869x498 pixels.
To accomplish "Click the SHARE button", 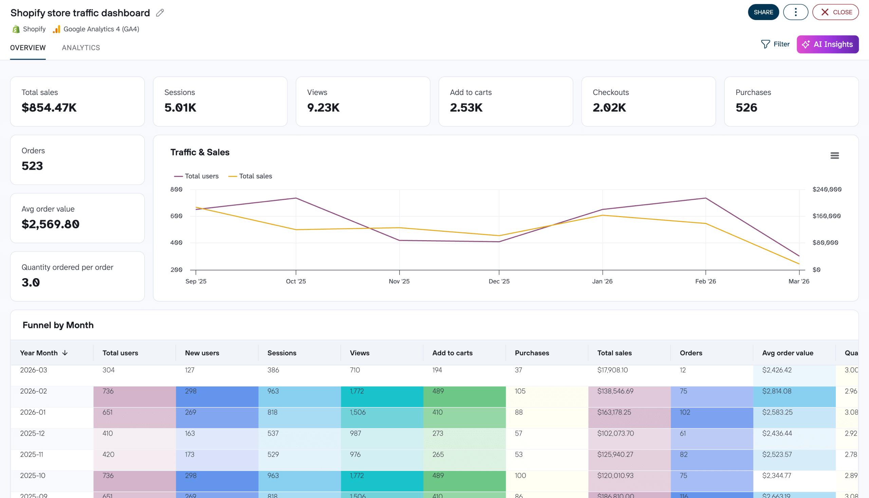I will pos(763,12).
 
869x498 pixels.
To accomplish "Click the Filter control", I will pos(775,44).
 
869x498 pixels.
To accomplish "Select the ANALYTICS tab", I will pos(81,48).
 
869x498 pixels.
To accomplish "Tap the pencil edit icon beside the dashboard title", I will pos(160,13).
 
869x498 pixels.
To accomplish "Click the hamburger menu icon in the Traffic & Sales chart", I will pos(834,156).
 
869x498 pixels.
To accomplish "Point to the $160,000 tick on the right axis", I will pos(826,216).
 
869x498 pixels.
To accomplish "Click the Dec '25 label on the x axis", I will pos(499,282).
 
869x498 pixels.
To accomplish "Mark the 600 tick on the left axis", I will pos(176,216).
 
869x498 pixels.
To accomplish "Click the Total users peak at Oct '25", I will pos(296,198).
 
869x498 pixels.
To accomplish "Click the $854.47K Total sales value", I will pos(49,108).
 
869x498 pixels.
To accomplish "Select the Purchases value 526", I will pos(746,108).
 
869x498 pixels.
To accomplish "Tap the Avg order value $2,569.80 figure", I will pos(50,224).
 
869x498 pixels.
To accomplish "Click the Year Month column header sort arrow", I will pos(65,353).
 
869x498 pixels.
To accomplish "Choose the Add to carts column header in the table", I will pos(452,353).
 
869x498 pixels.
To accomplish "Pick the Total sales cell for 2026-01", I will pos(614,413).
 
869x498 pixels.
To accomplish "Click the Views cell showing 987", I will pos(355,433).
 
